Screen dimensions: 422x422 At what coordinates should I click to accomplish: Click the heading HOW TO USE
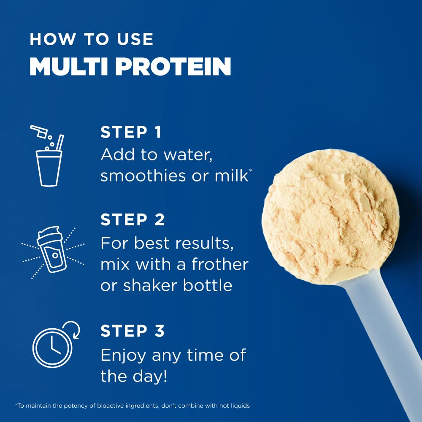pyautogui.click(x=91, y=39)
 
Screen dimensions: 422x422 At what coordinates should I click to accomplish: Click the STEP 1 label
pyautogui.click(x=131, y=133)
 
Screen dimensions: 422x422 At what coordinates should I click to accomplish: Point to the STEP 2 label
pyautogui.click(x=133, y=220)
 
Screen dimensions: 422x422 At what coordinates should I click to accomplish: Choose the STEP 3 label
pyautogui.click(x=133, y=331)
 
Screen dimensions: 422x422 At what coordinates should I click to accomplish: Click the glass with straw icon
pyautogui.click(x=49, y=166)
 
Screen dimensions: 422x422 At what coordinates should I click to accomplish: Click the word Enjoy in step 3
pyautogui.click(x=124, y=355)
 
